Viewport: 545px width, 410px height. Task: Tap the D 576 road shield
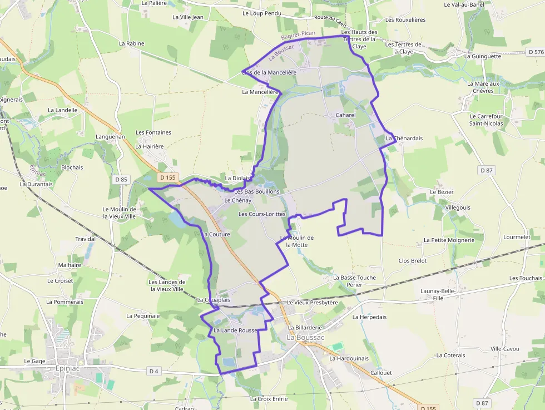tap(536, 52)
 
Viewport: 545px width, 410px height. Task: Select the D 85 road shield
tap(121, 179)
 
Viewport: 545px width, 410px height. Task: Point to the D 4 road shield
tap(154, 371)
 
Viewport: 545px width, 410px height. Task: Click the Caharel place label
tap(345, 115)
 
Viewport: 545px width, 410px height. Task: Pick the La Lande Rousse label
tap(236, 330)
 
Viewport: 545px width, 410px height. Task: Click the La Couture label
tap(216, 234)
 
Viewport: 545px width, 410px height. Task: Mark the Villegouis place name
tap(458, 208)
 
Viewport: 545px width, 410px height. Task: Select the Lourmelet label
tap(517, 236)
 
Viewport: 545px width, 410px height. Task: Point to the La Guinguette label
tap(482, 56)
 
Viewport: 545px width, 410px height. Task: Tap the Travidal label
tap(85, 239)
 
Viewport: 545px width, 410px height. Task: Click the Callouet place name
tap(381, 373)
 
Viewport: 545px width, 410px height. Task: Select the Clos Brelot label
tap(413, 260)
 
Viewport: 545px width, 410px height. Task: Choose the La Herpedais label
tap(369, 317)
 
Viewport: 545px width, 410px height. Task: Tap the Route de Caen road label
tap(331, 20)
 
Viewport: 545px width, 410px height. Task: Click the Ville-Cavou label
tap(504, 349)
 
